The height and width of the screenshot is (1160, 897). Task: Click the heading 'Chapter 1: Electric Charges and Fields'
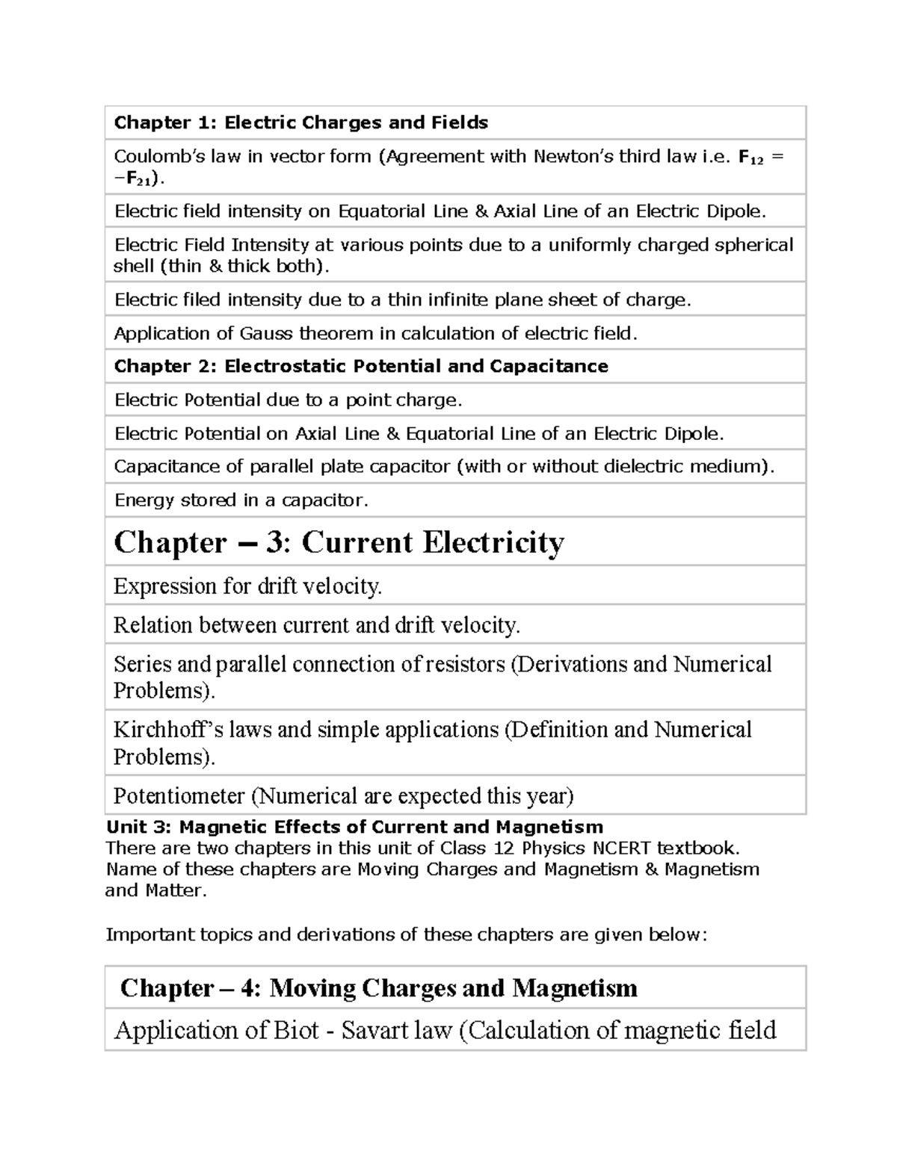click(x=300, y=122)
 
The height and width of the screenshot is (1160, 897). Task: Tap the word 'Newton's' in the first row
click(x=573, y=156)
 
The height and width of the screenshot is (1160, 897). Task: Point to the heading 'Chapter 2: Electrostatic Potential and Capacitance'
click(x=361, y=366)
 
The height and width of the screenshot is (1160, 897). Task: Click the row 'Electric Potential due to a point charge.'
click(x=288, y=400)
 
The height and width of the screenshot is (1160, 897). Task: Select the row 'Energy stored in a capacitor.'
click(x=241, y=500)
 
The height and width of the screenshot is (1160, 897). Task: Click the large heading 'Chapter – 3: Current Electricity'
click(x=339, y=542)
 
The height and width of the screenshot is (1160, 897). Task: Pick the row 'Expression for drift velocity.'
click(x=247, y=586)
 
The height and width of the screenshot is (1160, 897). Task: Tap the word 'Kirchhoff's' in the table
click(x=164, y=730)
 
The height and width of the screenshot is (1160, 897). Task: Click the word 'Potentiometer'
click(x=179, y=796)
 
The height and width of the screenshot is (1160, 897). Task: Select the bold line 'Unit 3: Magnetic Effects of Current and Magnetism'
click(x=354, y=827)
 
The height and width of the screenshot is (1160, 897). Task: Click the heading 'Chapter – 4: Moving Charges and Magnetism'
click(x=378, y=988)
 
